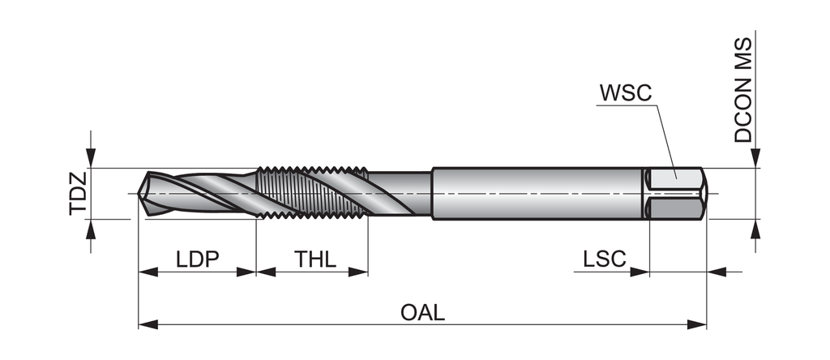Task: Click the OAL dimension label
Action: point(422,313)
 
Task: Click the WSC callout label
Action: point(626,92)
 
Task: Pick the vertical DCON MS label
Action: point(743,90)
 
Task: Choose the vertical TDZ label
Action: point(77,195)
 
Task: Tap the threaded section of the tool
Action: point(312,195)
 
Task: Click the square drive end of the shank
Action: point(677,195)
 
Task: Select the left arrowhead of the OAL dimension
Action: point(147,325)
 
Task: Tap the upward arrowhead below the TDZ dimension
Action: point(92,229)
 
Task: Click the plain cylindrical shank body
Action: point(535,195)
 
